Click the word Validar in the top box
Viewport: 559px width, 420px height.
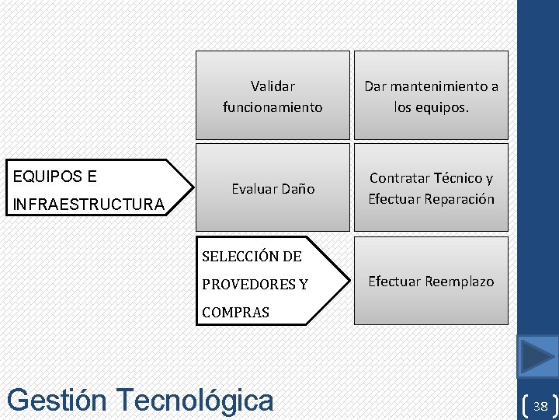[x=273, y=86]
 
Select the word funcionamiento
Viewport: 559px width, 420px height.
[x=273, y=107]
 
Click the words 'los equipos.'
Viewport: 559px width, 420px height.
[x=432, y=107]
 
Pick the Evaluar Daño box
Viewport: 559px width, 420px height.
[x=273, y=187]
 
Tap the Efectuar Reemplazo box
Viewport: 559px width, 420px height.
[x=431, y=281]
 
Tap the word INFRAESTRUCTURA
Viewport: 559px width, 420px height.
[x=89, y=205]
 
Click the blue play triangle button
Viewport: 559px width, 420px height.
[x=538, y=357]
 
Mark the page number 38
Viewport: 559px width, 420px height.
[x=540, y=406]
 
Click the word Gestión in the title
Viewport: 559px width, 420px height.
[x=56, y=400]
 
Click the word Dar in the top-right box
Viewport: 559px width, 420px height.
[x=375, y=86]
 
